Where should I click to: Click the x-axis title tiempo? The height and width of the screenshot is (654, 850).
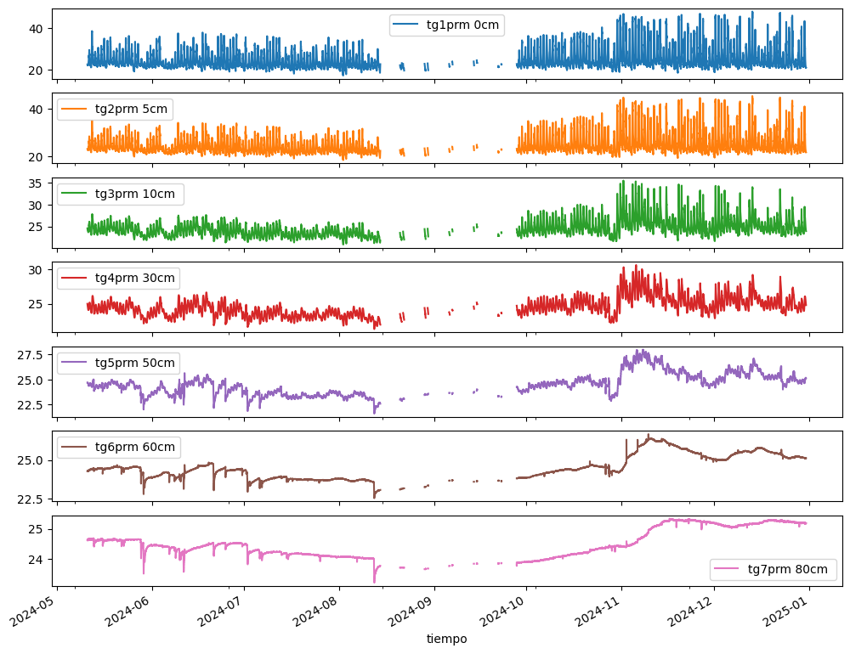click(446, 639)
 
